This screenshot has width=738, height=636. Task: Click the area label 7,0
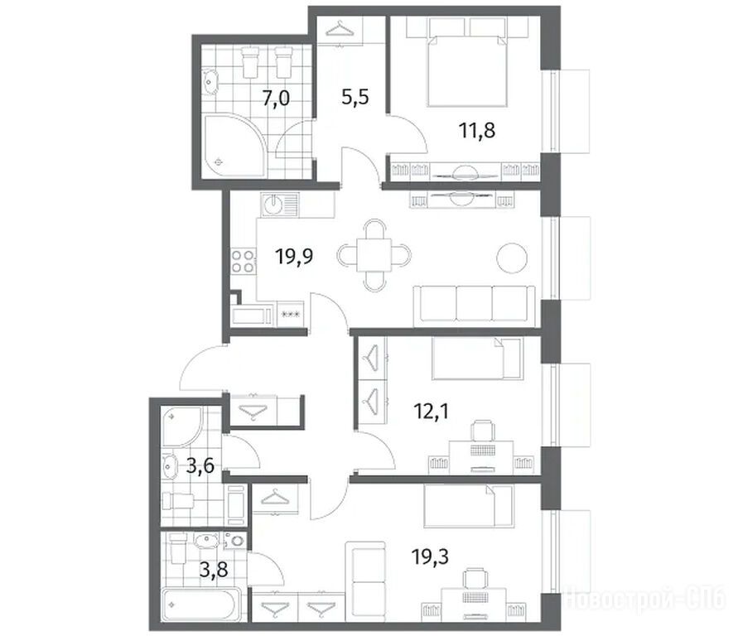click(x=276, y=99)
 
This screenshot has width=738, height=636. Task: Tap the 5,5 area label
click(x=355, y=98)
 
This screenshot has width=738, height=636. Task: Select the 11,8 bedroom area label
click(x=477, y=130)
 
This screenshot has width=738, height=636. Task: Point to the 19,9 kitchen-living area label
click(x=295, y=257)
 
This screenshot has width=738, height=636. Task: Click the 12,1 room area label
click(x=432, y=412)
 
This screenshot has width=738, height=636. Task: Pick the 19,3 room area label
click(x=430, y=557)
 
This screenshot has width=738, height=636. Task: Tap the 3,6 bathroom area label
click(x=200, y=466)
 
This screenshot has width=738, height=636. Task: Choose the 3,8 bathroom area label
click(x=214, y=570)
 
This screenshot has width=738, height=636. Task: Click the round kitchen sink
click(x=273, y=205)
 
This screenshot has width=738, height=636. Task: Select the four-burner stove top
click(x=243, y=262)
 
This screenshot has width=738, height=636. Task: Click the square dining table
click(x=374, y=255)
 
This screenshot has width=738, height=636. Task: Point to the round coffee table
click(x=512, y=258)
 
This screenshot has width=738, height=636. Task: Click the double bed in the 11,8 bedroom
click(x=467, y=70)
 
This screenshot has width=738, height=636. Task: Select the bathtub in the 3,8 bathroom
click(x=201, y=604)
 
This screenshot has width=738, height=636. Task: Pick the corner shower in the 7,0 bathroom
click(x=234, y=146)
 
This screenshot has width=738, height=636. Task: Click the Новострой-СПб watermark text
click(x=644, y=599)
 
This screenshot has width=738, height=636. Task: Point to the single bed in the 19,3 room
click(x=469, y=507)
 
